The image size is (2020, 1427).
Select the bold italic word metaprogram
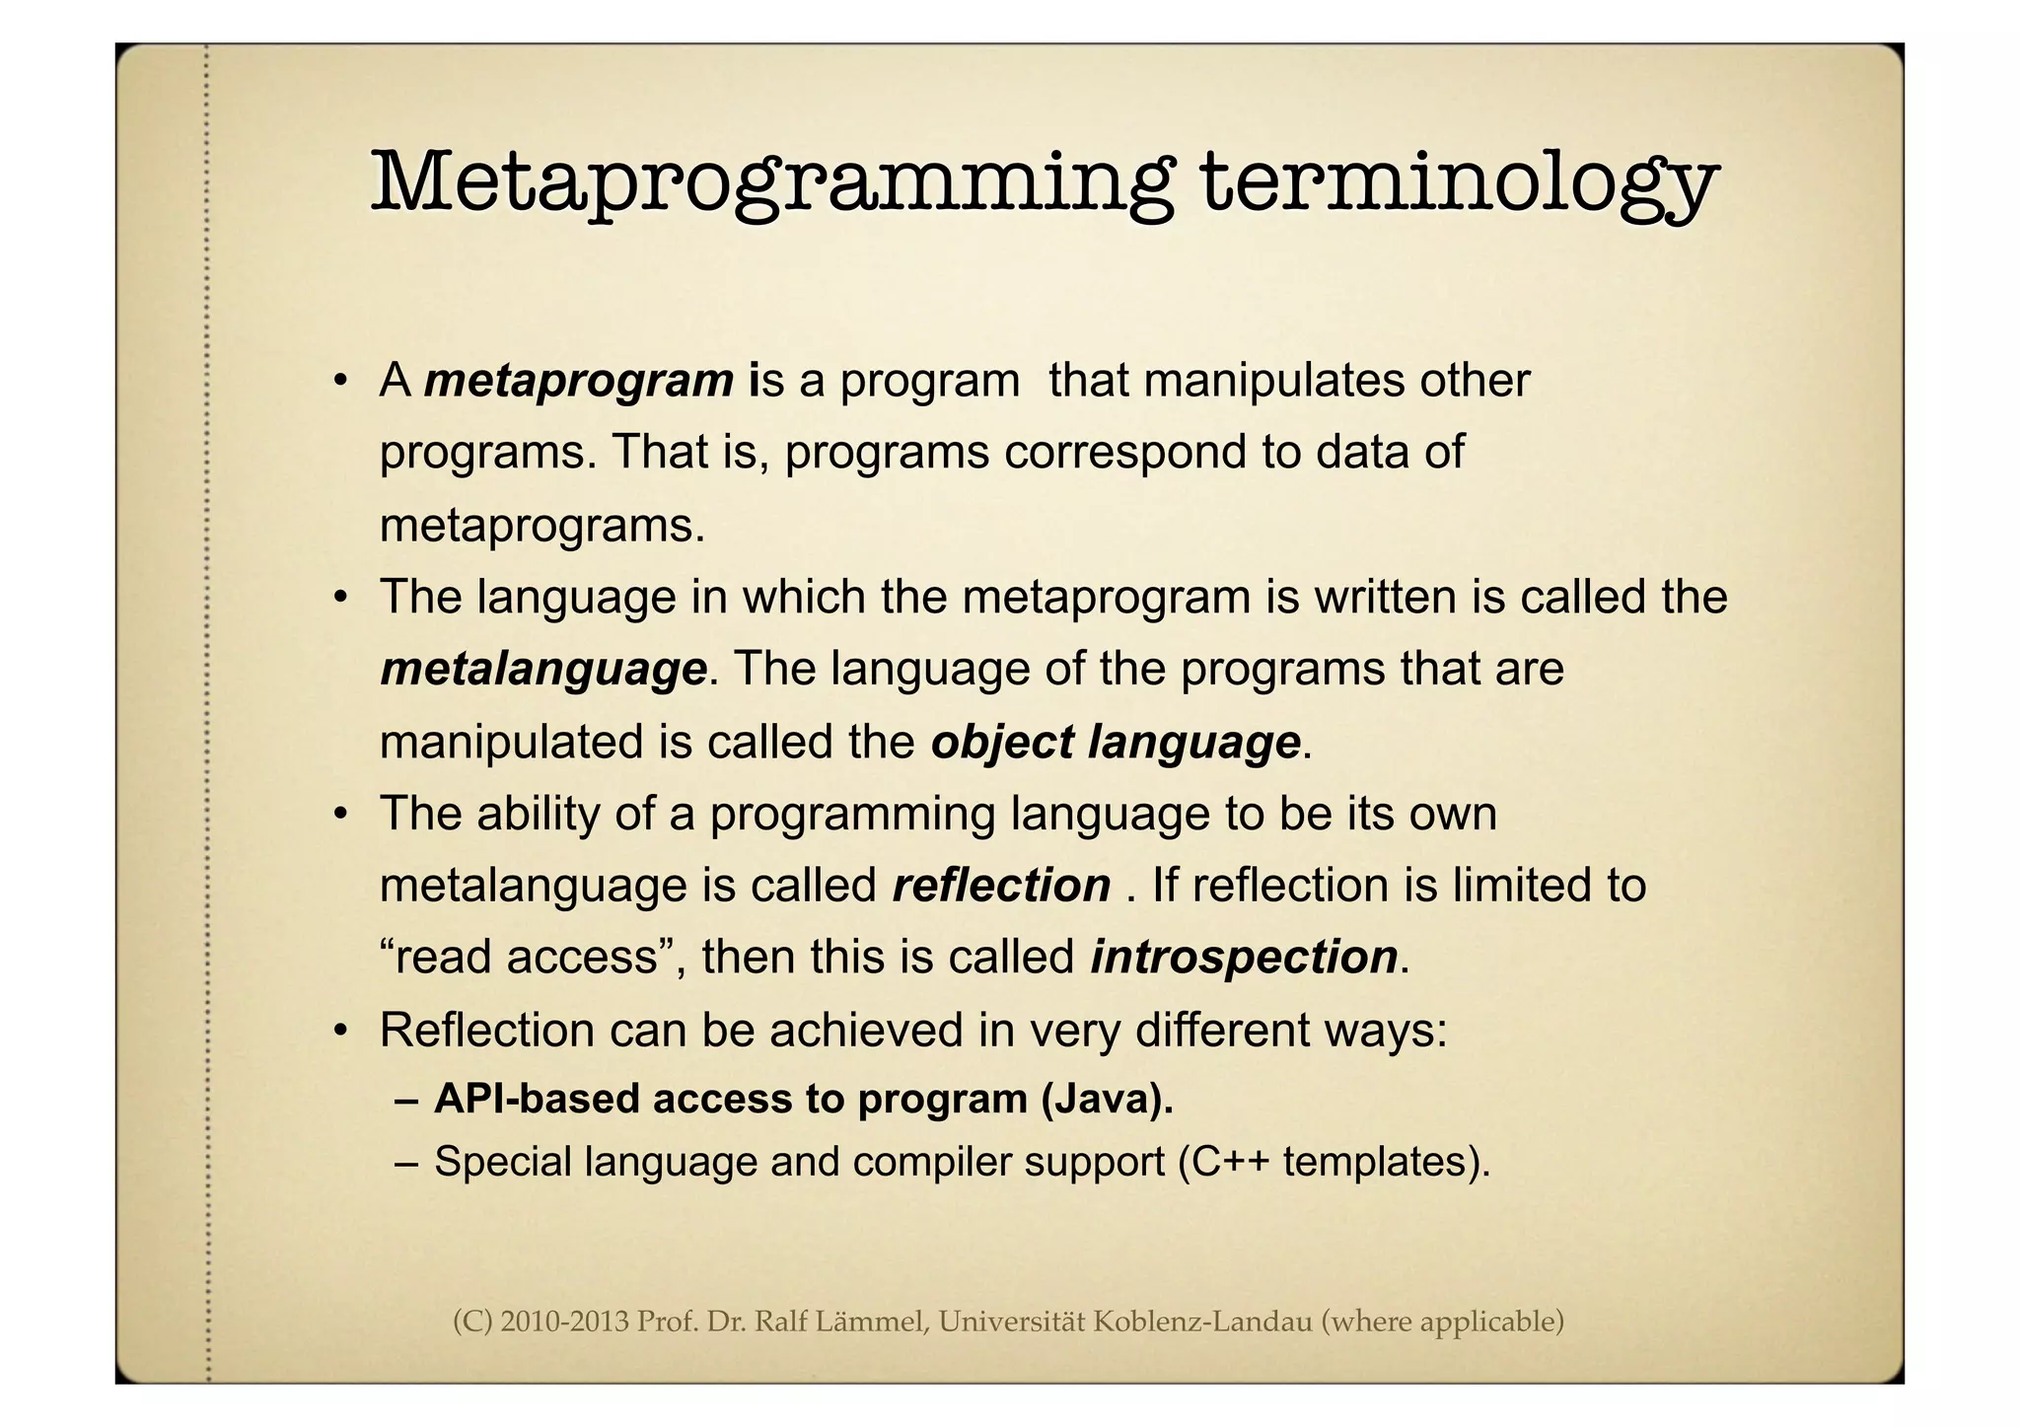pyautogui.click(x=579, y=381)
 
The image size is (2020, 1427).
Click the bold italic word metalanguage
pyautogui.click(x=543, y=670)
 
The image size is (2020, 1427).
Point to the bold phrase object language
pyautogui.click(x=1116, y=743)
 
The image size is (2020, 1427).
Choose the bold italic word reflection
pyautogui.click(x=1001, y=886)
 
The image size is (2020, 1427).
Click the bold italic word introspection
pyautogui.click(x=1244, y=958)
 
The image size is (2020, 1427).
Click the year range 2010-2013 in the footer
pyautogui.click(x=564, y=1320)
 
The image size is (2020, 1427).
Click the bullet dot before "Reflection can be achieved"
pyautogui.click(x=341, y=1032)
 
